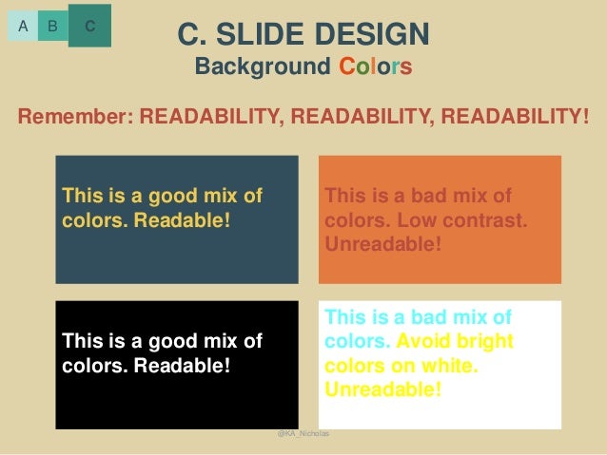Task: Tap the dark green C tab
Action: tap(89, 26)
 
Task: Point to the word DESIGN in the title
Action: tap(377, 35)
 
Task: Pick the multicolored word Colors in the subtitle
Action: tap(376, 68)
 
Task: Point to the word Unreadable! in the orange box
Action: tap(383, 244)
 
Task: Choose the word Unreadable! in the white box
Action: tap(383, 389)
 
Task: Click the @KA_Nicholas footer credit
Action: tap(303, 433)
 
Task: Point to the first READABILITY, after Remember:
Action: tap(211, 117)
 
